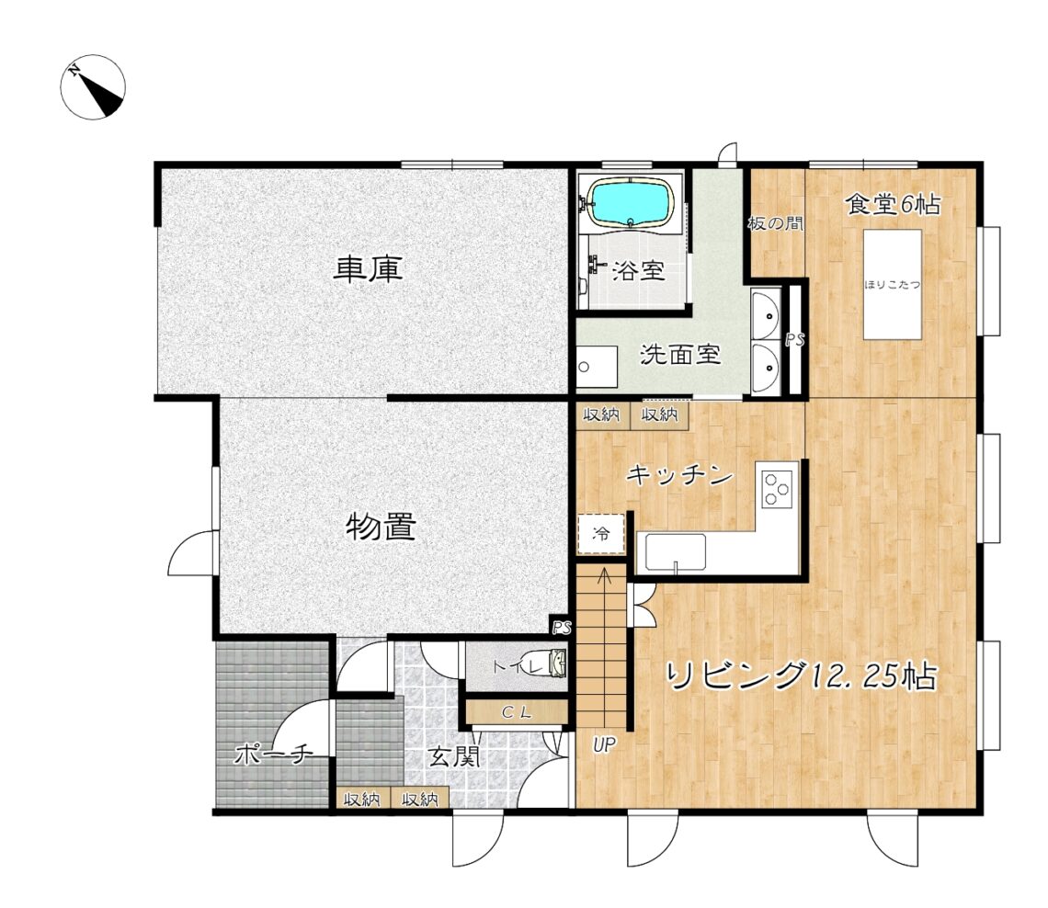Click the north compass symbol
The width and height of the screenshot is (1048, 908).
click(93, 87)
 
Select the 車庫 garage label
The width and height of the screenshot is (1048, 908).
click(369, 269)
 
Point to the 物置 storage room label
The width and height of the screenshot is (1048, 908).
click(381, 527)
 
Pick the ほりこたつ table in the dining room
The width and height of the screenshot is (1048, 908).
click(893, 285)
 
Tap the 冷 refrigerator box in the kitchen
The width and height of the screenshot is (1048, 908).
click(601, 533)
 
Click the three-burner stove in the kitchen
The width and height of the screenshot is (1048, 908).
click(778, 488)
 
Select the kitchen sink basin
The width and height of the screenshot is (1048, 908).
click(676, 552)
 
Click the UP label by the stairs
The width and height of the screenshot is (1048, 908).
click(604, 745)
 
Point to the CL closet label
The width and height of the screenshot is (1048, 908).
click(517, 713)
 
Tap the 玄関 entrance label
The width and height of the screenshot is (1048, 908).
click(454, 757)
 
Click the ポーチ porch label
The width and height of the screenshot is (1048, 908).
click(273, 755)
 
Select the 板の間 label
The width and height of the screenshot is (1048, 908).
click(775, 223)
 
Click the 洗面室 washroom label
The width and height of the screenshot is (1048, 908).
click(681, 354)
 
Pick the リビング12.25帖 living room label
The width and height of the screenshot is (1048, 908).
click(802, 676)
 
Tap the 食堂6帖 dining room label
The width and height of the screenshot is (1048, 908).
click(893, 204)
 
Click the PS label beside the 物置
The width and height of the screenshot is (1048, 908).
click(562, 628)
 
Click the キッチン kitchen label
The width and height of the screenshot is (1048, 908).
click(679, 475)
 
